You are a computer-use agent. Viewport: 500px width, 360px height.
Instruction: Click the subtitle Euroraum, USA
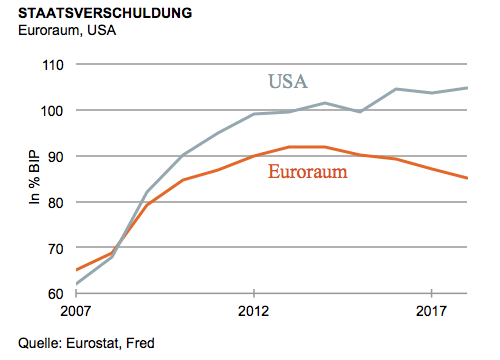pyautogui.click(x=60, y=32)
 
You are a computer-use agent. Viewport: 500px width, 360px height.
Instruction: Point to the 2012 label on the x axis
pyautogui.click(x=254, y=311)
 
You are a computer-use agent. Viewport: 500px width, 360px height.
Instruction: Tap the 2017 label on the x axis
pyautogui.click(x=431, y=311)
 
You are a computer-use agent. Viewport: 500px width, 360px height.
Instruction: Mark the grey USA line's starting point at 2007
pyautogui.click(x=77, y=285)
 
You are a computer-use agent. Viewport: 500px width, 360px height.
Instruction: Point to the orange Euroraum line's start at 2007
pyautogui.click(x=77, y=271)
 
